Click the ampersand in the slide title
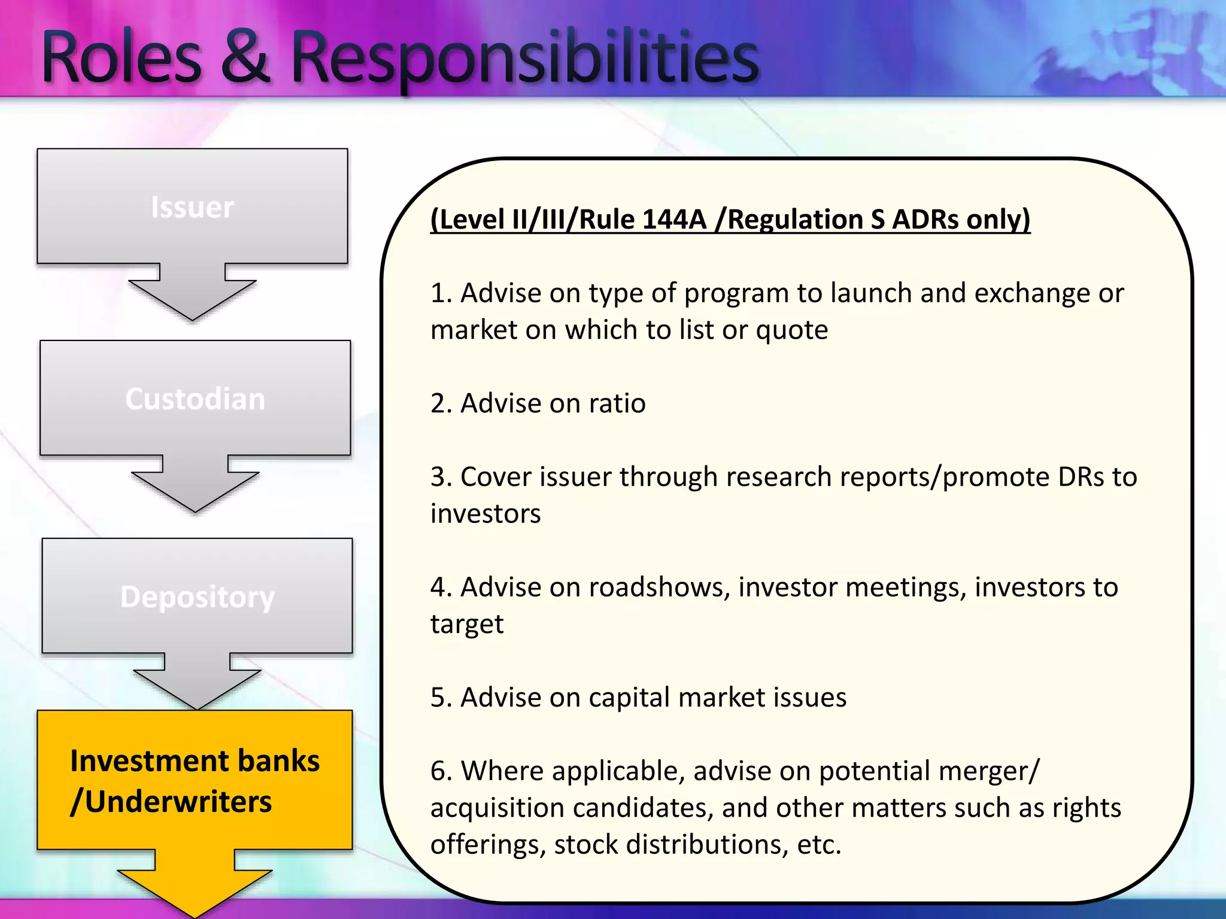pyautogui.click(x=245, y=58)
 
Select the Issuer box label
pyautogui.click(x=192, y=208)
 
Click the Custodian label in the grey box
pyautogui.click(x=195, y=399)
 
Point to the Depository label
pyautogui.click(x=197, y=597)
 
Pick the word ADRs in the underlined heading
pyautogui.click(x=925, y=220)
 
